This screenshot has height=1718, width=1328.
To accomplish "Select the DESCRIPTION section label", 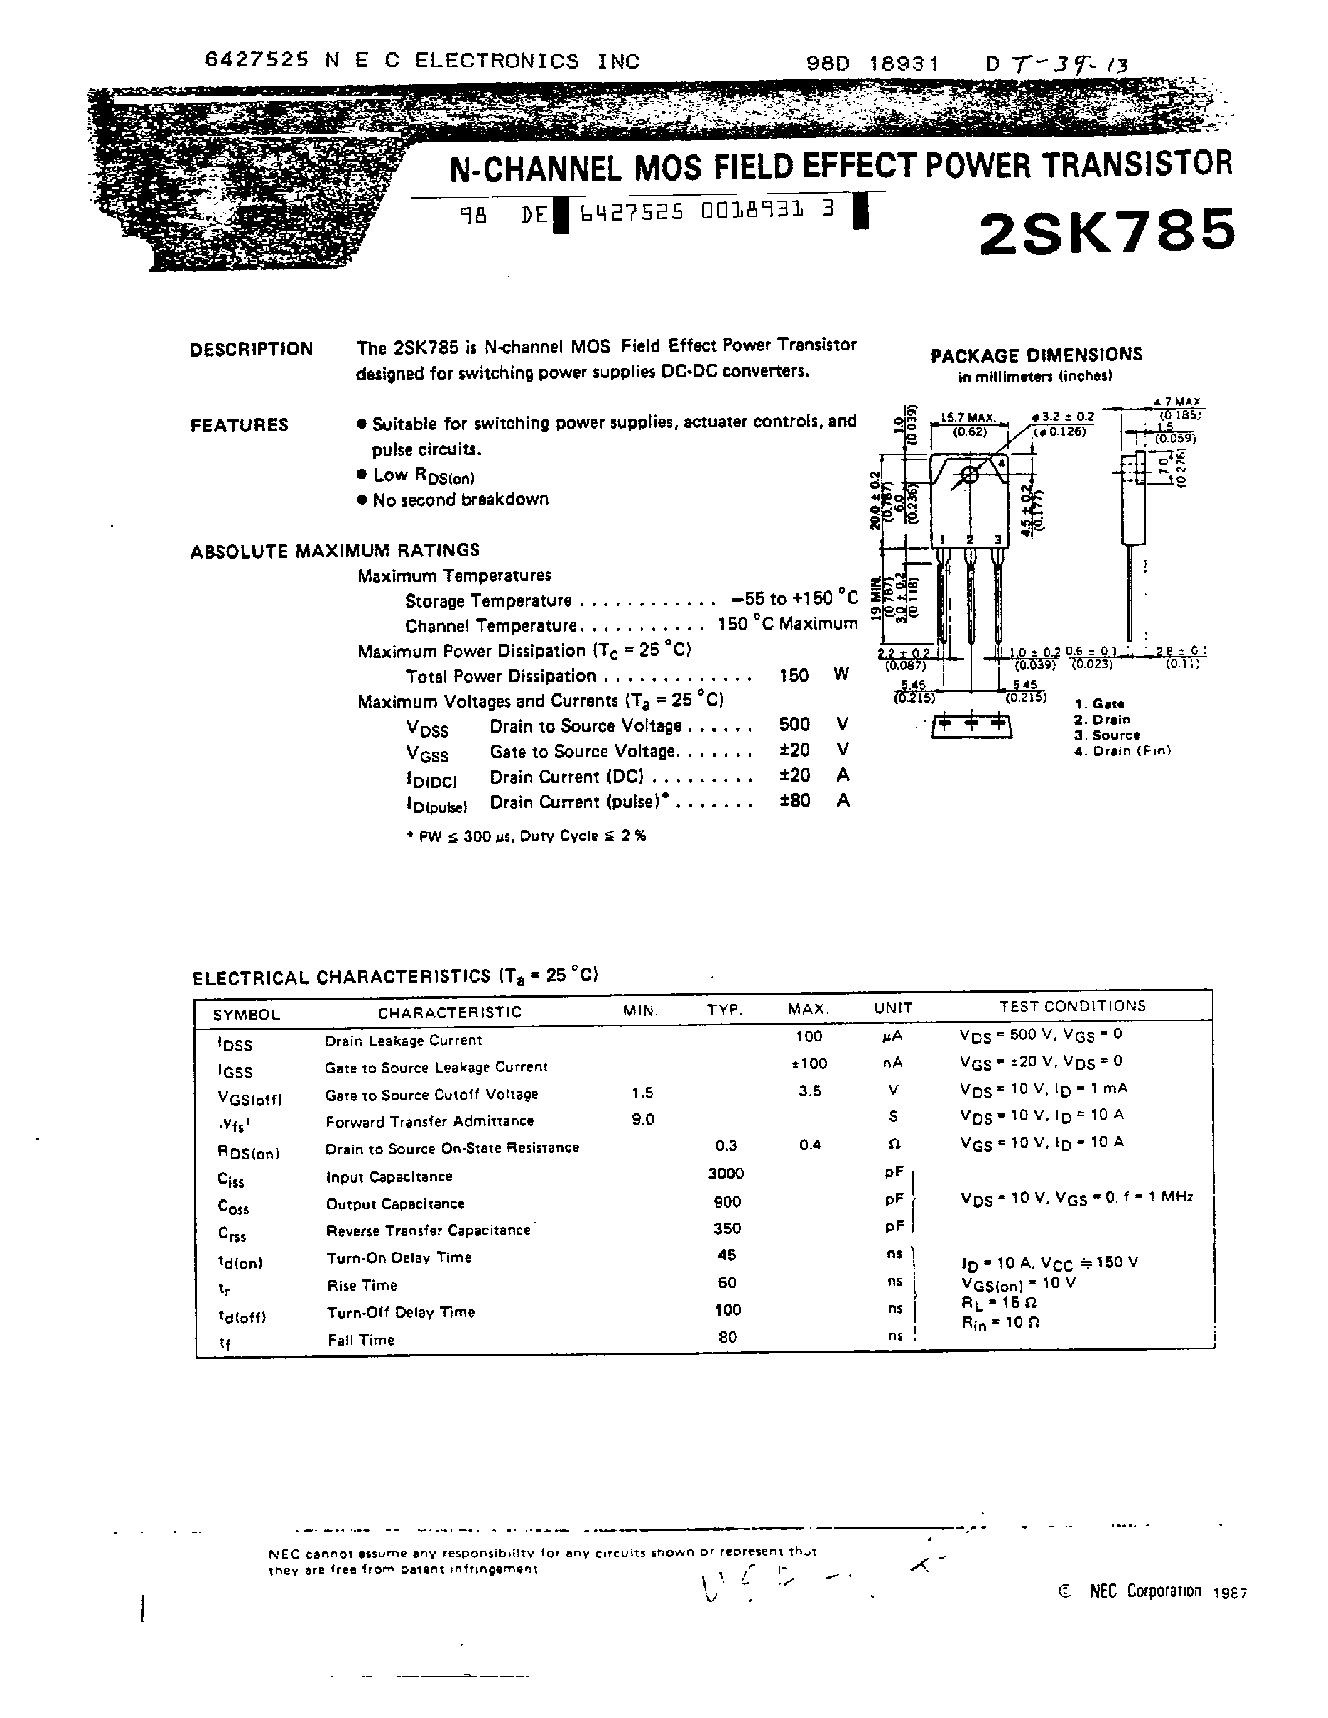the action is coord(251,349).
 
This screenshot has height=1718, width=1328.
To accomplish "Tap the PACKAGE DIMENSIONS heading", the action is coord(1036,355).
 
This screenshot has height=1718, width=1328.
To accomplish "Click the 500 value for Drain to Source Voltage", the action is coord(793,725).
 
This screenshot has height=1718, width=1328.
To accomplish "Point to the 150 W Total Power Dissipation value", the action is coord(793,675).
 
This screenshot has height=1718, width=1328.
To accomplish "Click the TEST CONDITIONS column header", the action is coord(1072,1006).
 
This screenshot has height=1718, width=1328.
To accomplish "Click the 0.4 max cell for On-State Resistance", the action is coord(809,1145).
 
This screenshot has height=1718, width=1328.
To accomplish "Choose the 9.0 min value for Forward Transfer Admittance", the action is coord(643,1120).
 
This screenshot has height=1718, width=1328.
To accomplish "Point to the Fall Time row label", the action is coord(361,1339).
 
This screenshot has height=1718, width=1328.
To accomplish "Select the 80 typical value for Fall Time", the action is coord(727,1336).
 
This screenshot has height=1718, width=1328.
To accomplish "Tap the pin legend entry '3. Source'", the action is coord(1107,735).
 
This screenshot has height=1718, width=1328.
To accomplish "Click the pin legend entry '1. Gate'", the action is coord(1099,704).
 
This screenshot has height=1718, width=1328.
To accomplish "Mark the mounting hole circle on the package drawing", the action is coord(969,474).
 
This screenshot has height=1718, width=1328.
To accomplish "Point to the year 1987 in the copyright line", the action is coord(1230,1593).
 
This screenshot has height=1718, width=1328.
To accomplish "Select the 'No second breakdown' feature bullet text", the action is coord(460,500).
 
